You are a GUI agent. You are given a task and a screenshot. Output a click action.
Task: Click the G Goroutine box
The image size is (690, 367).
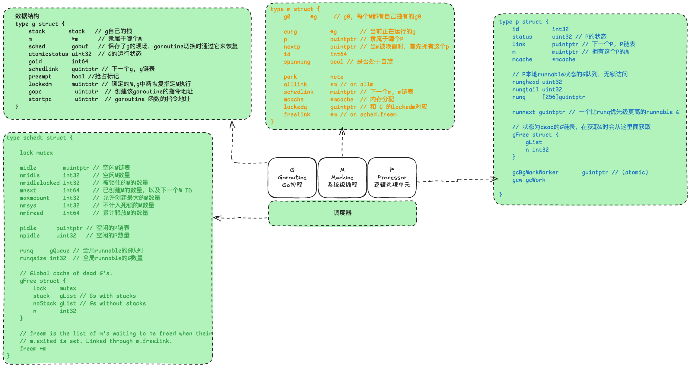click(x=292, y=177)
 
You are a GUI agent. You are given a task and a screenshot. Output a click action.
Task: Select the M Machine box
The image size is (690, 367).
click(x=342, y=177)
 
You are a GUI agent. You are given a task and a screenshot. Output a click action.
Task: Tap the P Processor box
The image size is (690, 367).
click(x=392, y=177)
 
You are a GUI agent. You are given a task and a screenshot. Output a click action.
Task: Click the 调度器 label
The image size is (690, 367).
click(x=342, y=213)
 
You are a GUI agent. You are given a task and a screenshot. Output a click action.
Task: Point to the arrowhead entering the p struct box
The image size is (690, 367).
click(x=495, y=179)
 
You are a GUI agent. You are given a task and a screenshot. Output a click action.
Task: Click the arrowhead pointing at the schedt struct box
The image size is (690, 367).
click(x=216, y=218)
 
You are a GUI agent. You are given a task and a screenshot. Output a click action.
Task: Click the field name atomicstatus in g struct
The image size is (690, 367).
click(x=48, y=54)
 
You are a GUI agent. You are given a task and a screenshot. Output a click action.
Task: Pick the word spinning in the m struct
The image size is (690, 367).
click(x=297, y=62)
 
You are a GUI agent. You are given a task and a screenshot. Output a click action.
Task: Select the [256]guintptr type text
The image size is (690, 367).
click(x=563, y=97)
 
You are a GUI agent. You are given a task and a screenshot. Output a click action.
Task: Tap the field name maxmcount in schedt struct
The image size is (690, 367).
click(x=34, y=198)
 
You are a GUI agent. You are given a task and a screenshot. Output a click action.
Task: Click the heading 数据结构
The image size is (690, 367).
click(x=27, y=16)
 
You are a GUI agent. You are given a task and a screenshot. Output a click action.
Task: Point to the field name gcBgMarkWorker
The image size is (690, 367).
click(x=535, y=172)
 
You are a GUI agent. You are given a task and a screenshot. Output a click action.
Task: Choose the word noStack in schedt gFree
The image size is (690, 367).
click(x=45, y=303)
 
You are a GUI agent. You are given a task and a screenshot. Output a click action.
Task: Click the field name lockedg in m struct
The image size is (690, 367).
click(x=295, y=107)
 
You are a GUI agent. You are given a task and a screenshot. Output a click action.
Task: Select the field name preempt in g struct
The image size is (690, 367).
click(x=40, y=77)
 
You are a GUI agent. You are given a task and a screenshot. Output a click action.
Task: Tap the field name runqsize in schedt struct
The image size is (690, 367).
click(x=33, y=258)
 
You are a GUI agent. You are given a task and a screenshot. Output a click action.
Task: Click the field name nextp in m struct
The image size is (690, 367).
click(x=292, y=47)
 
